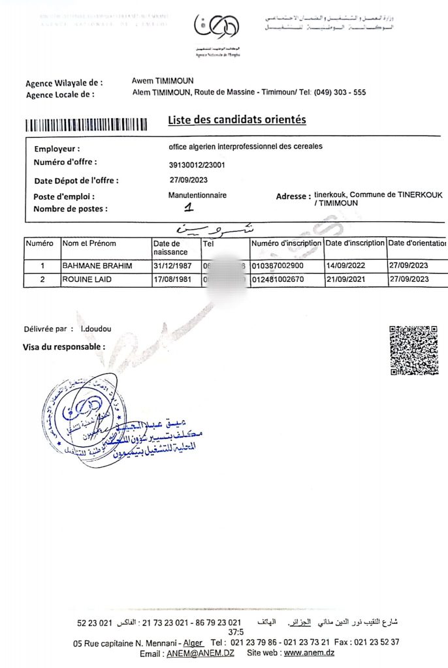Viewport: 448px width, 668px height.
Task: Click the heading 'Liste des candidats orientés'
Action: [x=237, y=120]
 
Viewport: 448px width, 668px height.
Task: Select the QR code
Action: [x=413, y=350]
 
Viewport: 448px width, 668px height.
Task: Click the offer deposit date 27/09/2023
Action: [x=189, y=180]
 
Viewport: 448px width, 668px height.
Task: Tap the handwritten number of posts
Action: [x=189, y=208]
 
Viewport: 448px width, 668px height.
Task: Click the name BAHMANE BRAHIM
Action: [x=97, y=266]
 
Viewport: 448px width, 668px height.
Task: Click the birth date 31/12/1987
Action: [x=173, y=266]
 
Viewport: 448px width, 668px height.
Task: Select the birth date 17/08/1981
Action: [x=173, y=279]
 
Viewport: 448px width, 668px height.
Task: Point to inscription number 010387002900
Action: [x=278, y=266]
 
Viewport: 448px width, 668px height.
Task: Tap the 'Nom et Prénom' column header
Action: [x=89, y=243]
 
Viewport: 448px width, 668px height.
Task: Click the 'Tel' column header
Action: [x=209, y=243]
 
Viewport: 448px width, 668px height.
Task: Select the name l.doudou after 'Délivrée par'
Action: [x=96, y=329]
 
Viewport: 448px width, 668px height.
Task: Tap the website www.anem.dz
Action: [x=310, y=653]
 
